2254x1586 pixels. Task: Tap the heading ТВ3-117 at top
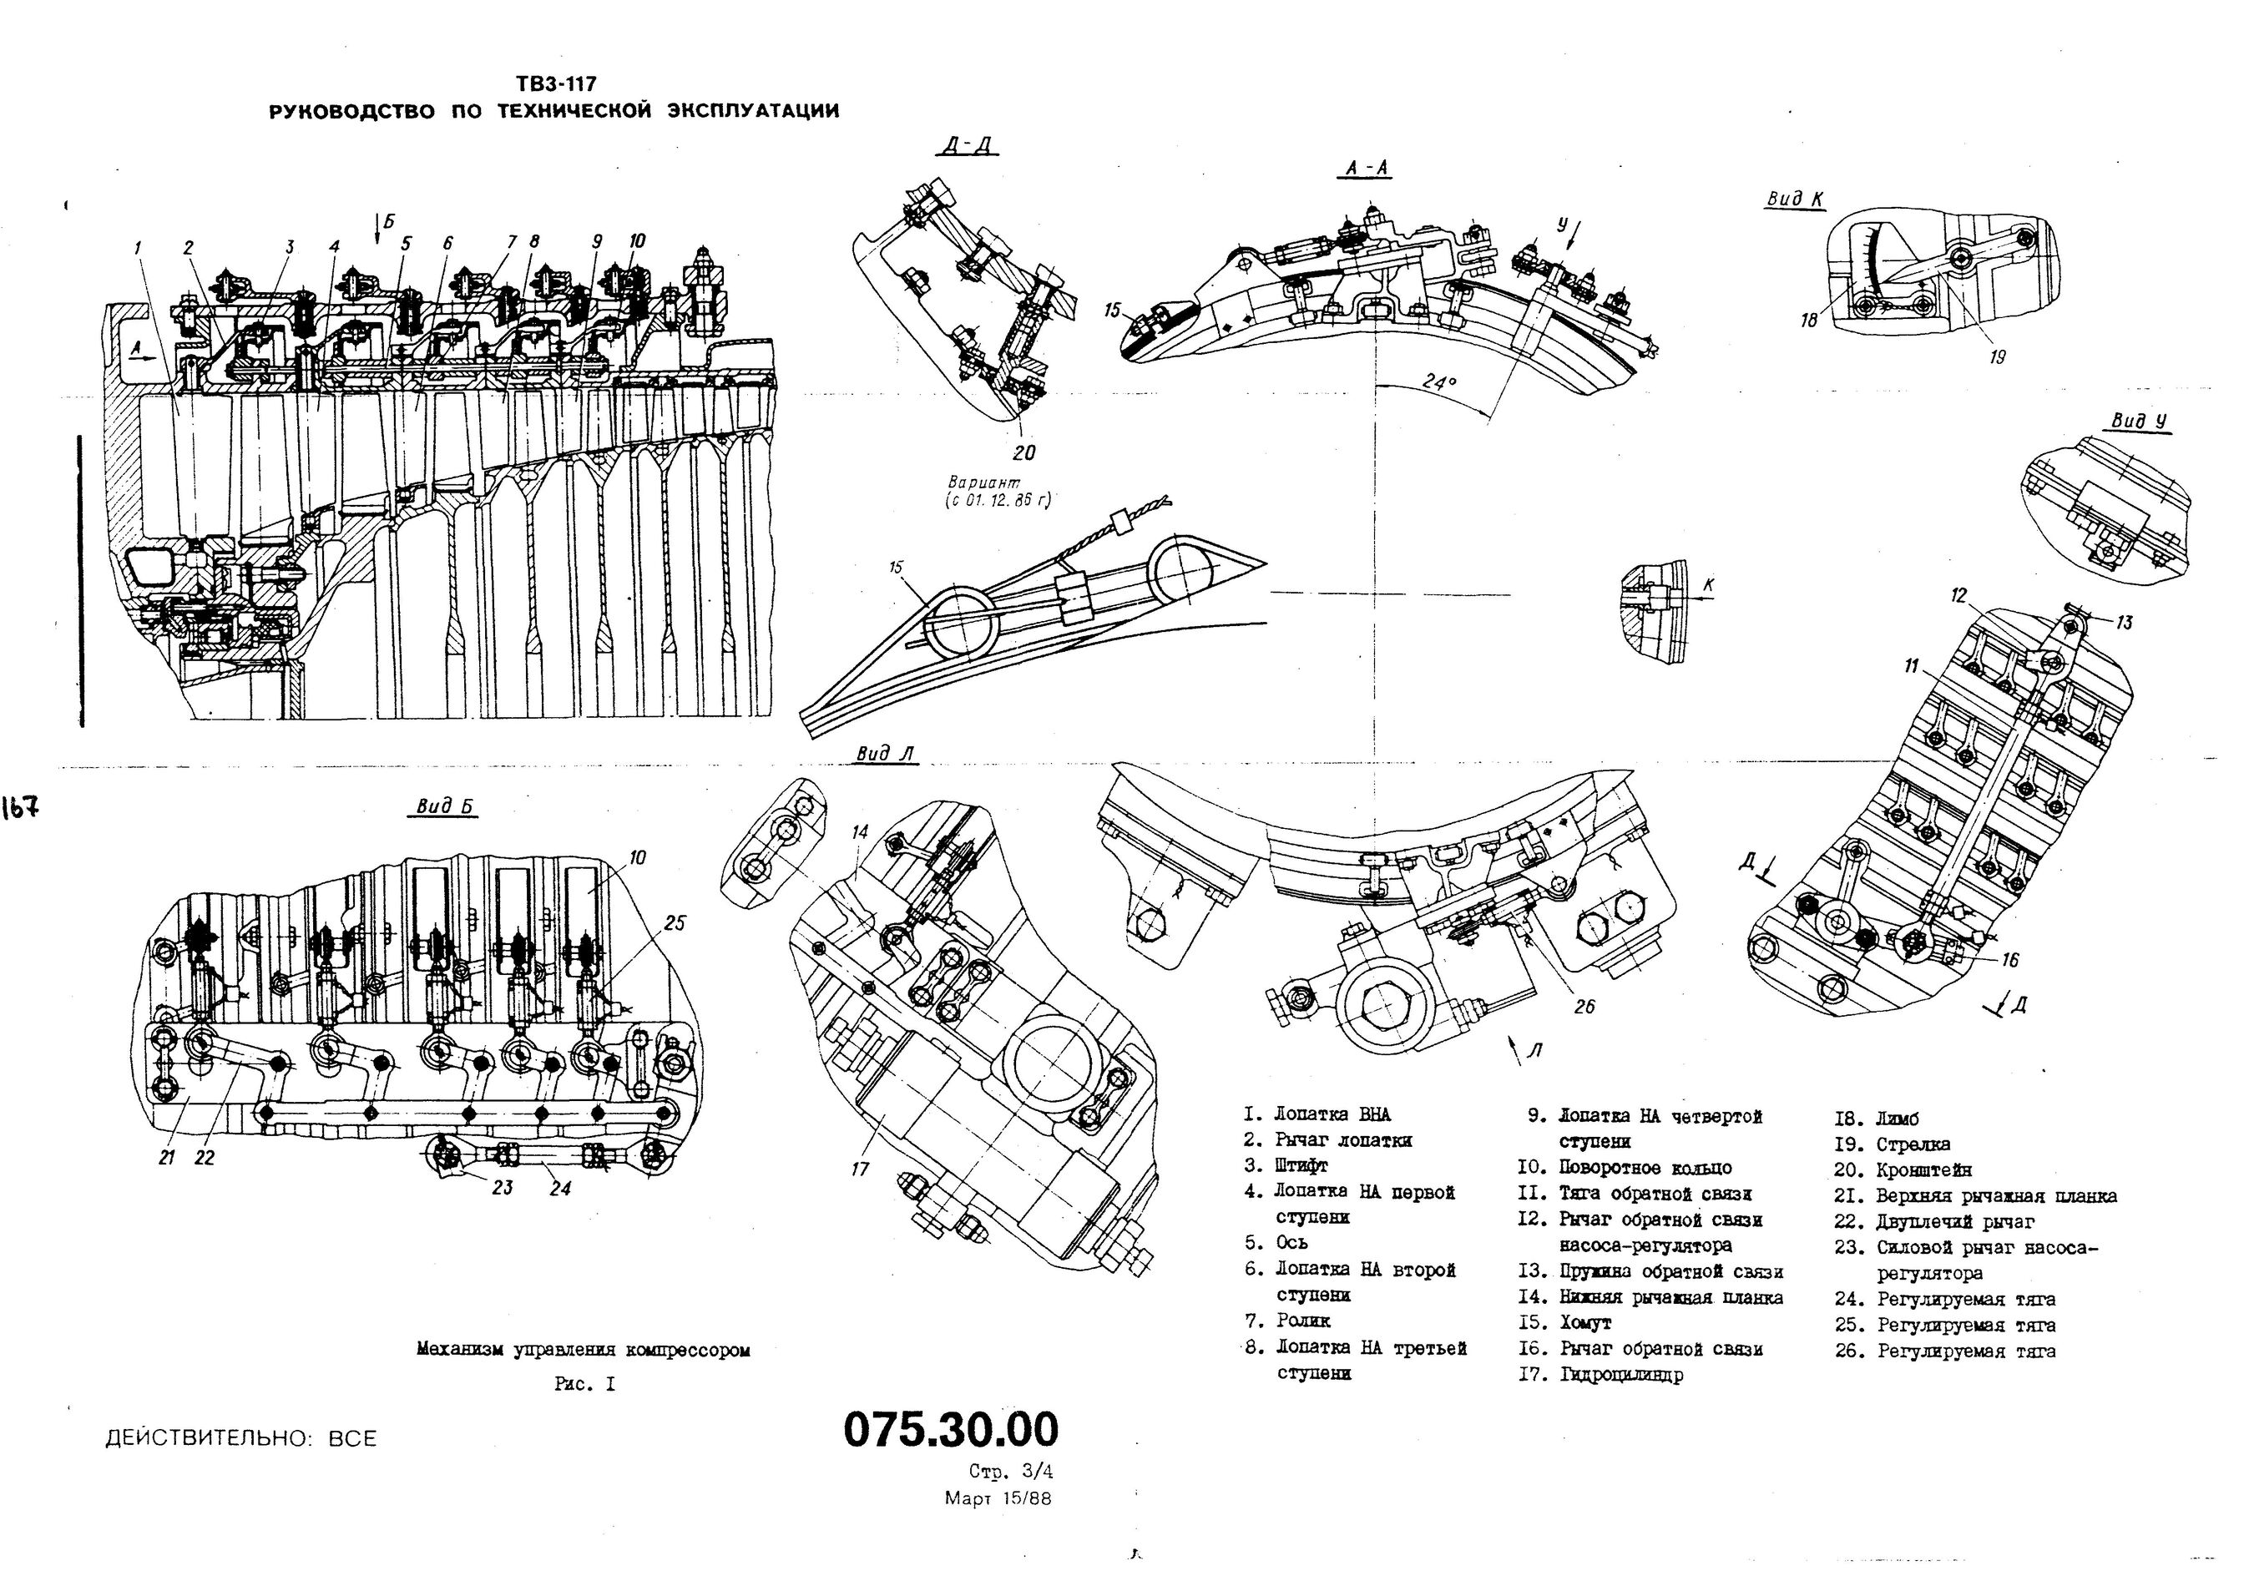[x=556, y=84]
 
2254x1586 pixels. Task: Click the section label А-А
[x=1367, y=169]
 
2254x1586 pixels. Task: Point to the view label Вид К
[x=1795, y=200]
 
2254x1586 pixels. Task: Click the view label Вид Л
[x=885, y=754]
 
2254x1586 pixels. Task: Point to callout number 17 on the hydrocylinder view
[x=860, y=1169]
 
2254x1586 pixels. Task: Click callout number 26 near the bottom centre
[x=1584, y=1006]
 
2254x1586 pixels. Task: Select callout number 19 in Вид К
[x=1997, y=358]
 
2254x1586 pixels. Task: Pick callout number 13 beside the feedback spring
[x=2124, y=622]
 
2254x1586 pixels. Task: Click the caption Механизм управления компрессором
[x=584, y=1350]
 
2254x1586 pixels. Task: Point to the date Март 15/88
[x=998, y=1498]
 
